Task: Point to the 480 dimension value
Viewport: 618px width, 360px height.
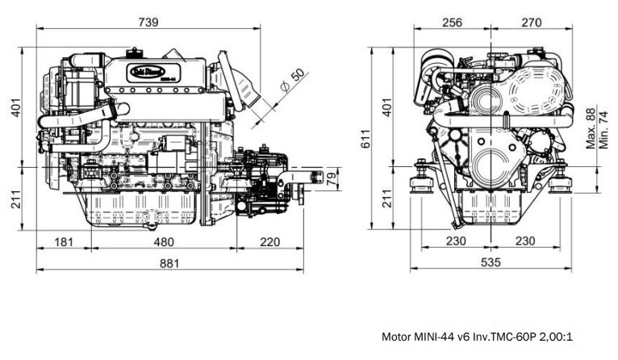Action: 164,241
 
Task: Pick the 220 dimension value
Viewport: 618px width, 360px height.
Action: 270,241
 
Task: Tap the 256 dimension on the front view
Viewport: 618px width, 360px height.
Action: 452,23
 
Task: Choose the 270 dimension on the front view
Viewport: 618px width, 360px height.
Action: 531,23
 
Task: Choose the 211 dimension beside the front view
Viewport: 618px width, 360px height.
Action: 386,198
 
